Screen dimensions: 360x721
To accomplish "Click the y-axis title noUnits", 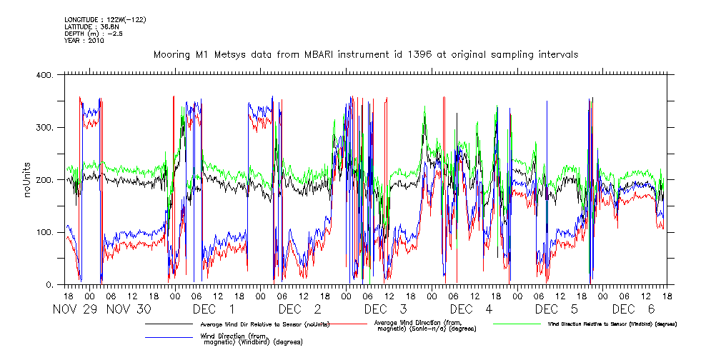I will (x=28, y=180).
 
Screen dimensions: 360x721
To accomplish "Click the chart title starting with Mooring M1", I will (x=366, y=54).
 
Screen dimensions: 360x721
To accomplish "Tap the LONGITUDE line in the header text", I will (x=105, y=19).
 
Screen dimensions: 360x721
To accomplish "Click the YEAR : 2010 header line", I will (x=84, y=41).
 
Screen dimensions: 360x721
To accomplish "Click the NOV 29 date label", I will (x=76, y=309).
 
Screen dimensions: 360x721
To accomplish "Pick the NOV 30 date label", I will (x=129, y=309).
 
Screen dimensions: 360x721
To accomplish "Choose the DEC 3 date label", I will (x=385, y=309).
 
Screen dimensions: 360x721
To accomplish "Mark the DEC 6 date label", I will (x=632, y=309).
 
